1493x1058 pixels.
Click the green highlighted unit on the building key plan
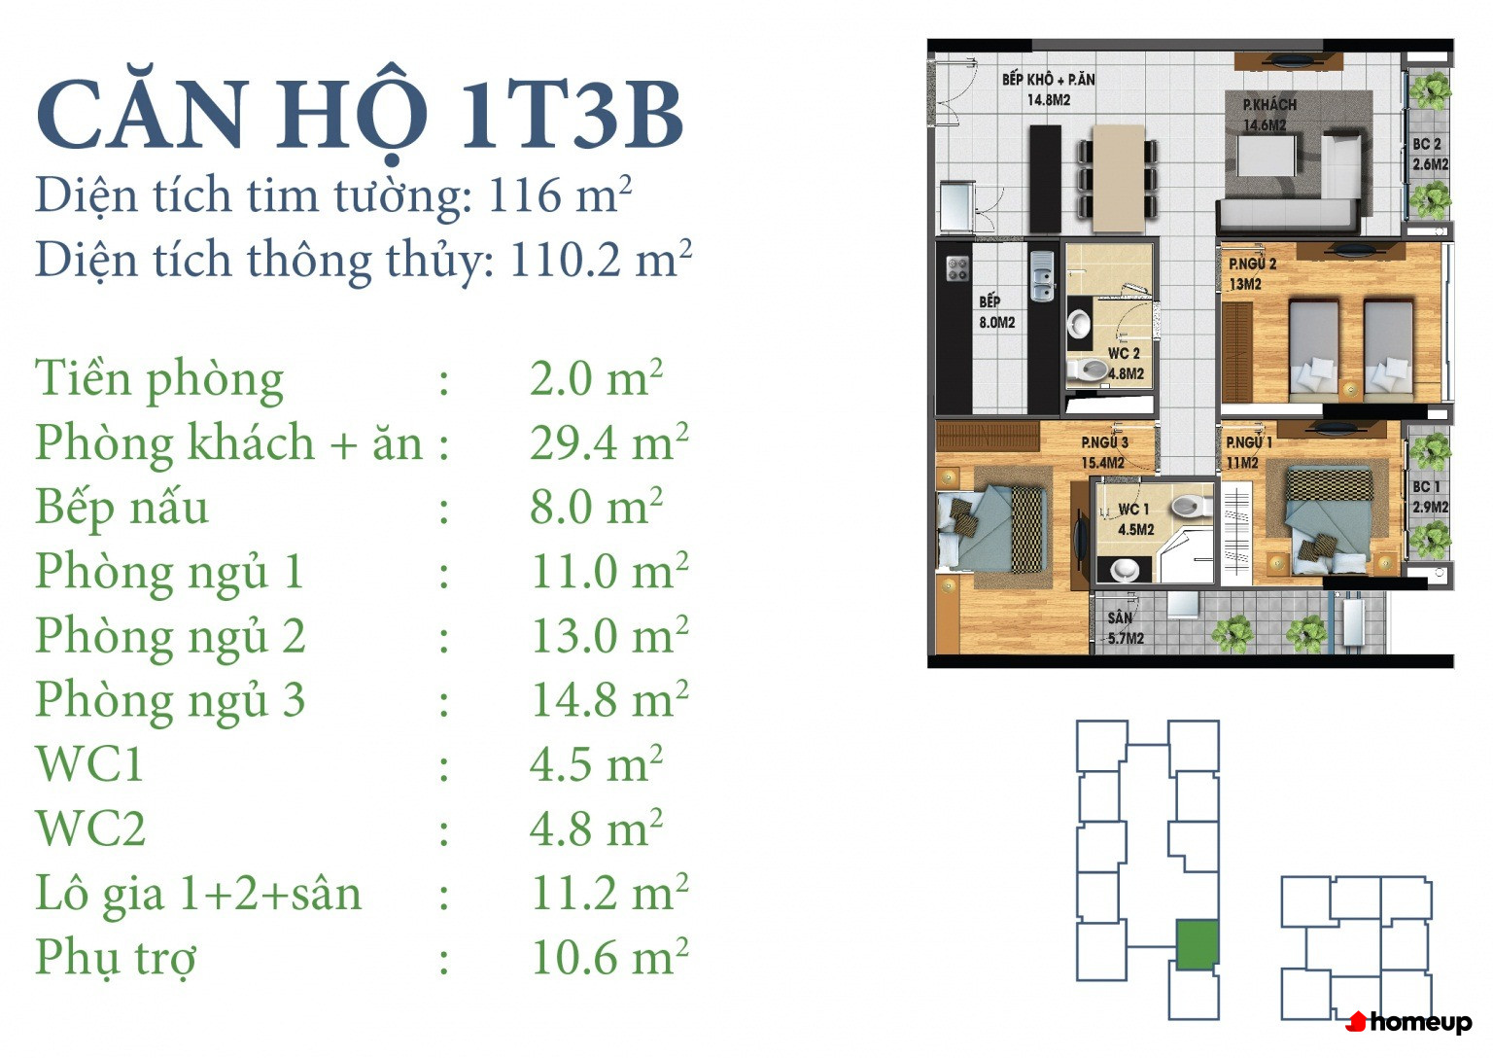tap(1198, 945)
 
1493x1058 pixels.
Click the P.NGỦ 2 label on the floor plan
tap(1252, 264)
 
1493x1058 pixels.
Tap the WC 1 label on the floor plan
tap(1133, 510)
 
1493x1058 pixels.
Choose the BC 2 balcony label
tap(1427, 144)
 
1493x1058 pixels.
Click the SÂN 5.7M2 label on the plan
tap(1126, 628)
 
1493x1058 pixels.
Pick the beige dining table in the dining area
tap(1119, 179)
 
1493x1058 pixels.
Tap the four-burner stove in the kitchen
tap(957, 268)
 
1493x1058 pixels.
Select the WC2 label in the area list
tap(90, 829)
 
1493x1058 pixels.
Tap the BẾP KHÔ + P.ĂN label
tap(1049, 80)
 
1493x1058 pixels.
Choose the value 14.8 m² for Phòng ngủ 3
tap(609, 699)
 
